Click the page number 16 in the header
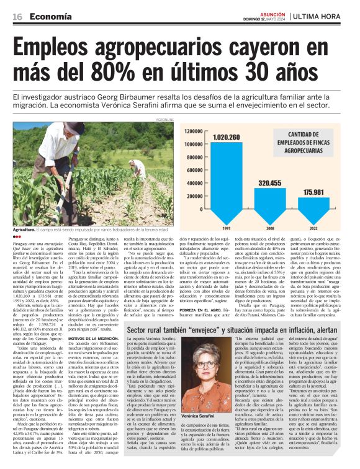point(17,17)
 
